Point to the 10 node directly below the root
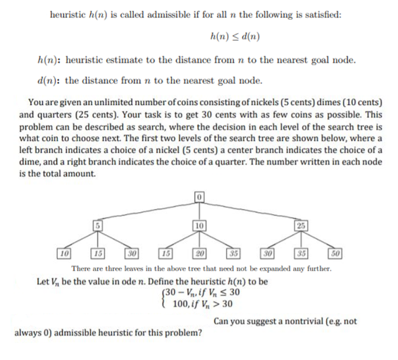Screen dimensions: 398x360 click(x=199, y=225)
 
